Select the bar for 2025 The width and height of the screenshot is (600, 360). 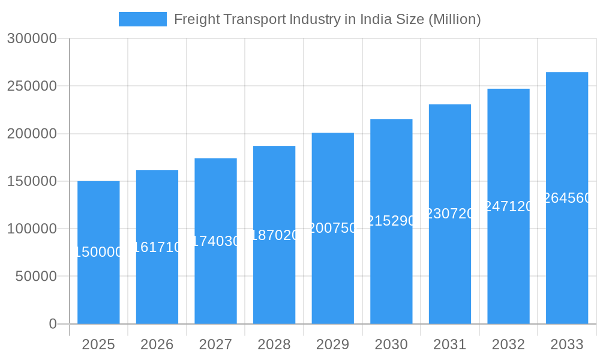click(x=98, y=282)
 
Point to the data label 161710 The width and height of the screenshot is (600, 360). click(x=157, y=247)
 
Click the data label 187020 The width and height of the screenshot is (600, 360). click(x=274, y=235)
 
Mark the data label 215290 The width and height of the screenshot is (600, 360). click(x=391, y=221)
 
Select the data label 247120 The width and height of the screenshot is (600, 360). click(x=508, y=206)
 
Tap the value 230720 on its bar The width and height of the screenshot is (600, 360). click(x=450, y=214)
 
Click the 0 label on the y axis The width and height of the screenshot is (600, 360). click(x=53, y=324)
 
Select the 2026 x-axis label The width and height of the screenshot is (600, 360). click(x=157, y=344)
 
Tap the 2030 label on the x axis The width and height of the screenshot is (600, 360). click(x=391, y=344)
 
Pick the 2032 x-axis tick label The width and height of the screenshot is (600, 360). click(x=508, y=344)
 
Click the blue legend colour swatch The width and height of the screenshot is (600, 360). click(x=143, y=19)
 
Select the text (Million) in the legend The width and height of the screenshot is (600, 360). click(x=454, y=19)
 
